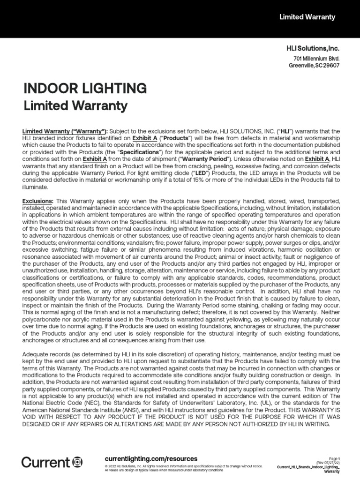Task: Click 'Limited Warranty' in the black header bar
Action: (307, 17)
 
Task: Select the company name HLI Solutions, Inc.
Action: (313, 49)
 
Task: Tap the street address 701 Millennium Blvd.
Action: (316, 58)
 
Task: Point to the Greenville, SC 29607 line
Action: (314, 66)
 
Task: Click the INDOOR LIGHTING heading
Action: (85, 88)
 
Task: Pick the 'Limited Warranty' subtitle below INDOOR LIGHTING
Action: (75, 106)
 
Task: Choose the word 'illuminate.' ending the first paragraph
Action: (35, 187)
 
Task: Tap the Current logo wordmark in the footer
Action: (46, 462)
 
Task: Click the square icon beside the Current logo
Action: (77, 462)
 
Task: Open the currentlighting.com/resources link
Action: (151, 458)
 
